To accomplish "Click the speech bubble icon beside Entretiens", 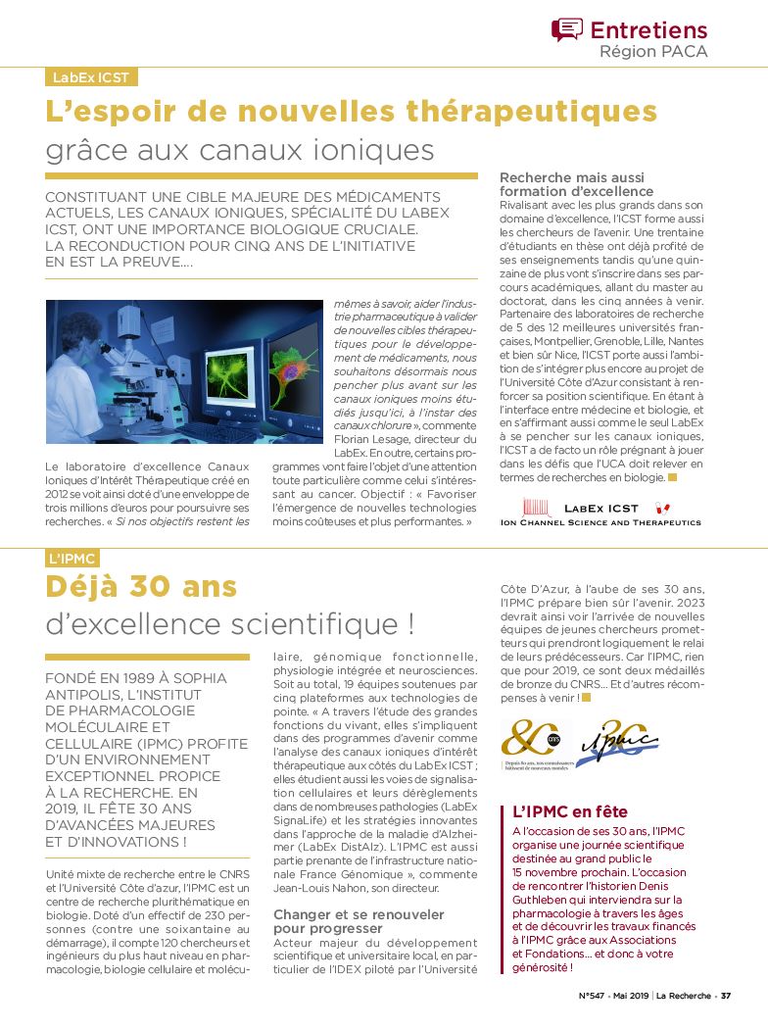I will point(566,29).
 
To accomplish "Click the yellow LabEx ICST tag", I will point(92,77).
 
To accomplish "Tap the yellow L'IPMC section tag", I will point(72,558).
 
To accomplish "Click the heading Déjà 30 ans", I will point(141,586).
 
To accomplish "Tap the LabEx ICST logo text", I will point(600,509).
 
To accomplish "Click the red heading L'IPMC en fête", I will point(570,811).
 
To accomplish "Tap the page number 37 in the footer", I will point(726,998).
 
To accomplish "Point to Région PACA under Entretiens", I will point(653,51).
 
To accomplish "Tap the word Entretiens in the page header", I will point(648,29).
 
